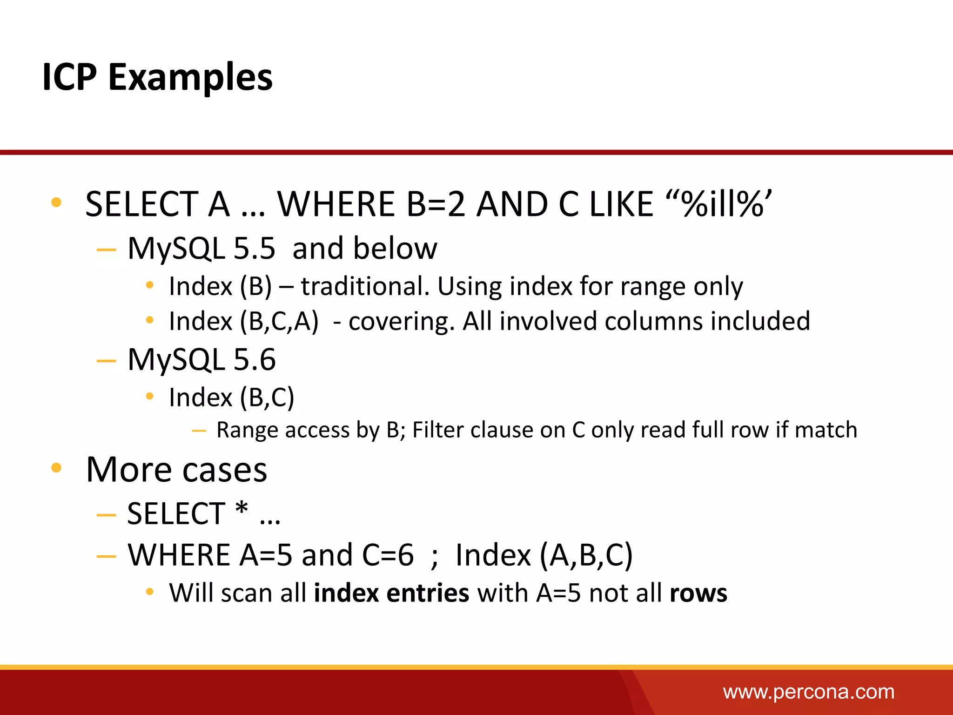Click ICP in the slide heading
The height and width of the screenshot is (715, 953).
69,77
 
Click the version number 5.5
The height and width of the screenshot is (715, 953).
254,248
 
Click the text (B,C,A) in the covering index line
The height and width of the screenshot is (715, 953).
279,321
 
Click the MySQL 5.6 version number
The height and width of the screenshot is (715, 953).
254,359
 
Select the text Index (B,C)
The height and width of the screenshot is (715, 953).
231,398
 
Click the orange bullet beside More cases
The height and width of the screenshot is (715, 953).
56,468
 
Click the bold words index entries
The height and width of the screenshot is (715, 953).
391,593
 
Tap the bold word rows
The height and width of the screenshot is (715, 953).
698,594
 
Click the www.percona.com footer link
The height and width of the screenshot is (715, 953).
808,692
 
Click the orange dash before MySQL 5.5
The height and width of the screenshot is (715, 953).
106,250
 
